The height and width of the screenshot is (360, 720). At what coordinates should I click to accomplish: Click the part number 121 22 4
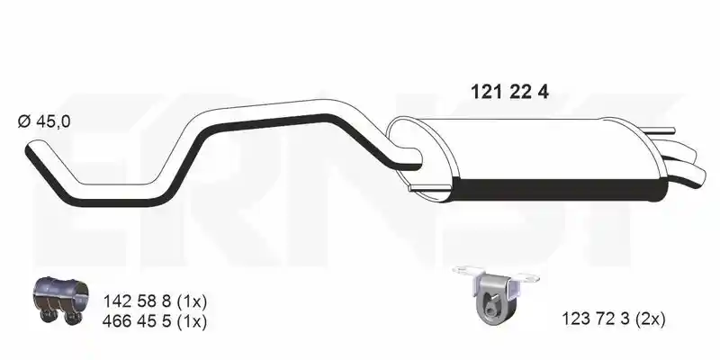pos(509,92)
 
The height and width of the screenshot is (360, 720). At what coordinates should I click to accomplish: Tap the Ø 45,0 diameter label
pos(44,121)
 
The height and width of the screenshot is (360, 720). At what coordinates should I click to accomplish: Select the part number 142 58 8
pos(138,301)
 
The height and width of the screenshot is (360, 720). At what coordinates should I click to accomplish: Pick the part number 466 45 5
pos(138,321)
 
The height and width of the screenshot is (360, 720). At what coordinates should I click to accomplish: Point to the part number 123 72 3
pos(596,319)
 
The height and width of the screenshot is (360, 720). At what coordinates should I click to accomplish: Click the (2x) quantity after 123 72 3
pos(651,319)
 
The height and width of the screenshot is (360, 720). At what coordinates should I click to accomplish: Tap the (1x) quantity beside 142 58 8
pos(192,301)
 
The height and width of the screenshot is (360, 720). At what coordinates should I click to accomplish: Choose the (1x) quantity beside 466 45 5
pos(192,321)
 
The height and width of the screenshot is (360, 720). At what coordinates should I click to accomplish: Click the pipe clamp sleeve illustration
pos(61,300)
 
